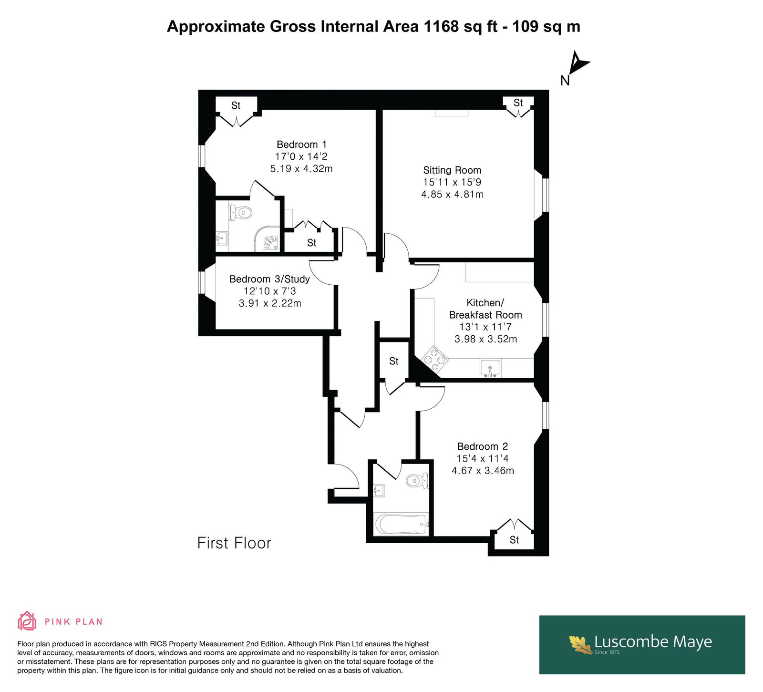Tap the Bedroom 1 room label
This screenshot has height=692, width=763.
coord(301,144)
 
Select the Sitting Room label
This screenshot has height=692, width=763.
coord(452,170)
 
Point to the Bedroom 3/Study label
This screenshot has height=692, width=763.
coord(269,279)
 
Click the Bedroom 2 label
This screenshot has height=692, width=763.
coord(482,446)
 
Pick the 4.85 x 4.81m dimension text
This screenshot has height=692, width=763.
coord(452,195)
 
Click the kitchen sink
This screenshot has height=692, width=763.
coord(490,369)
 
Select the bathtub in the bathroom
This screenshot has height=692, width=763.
coord(402,524)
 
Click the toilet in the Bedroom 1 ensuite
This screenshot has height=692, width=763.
coord(241,213)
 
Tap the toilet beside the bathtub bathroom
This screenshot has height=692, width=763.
coord(418,481)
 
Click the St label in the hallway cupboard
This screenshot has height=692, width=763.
coord(394,361)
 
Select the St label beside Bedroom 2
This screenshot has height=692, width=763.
coord(514,540)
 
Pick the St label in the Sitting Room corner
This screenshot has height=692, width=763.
coord(518,103)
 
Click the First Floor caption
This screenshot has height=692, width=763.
coord(234,543)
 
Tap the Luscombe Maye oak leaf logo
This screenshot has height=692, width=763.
coord(580,644)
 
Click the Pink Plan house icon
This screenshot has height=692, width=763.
coord(27,621)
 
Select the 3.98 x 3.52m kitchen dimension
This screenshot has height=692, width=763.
coord(485,339)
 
